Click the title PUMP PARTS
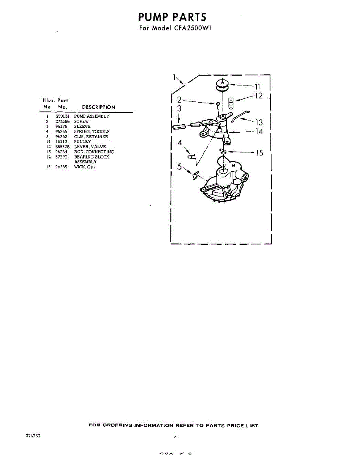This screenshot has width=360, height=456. pos(172,17)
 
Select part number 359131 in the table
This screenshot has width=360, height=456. pos(62,116)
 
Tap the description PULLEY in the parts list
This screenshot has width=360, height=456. pos(82,141)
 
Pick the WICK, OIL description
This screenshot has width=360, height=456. pos(84,167)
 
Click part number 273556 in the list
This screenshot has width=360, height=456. pos(62,121)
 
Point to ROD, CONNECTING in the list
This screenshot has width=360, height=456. pos(94,152)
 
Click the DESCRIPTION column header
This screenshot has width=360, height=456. pos(98,107)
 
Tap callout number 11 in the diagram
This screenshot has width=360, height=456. pos(257,86)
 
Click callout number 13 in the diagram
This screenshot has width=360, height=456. pos(259,122)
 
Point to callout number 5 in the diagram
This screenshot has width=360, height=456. pos(180,166)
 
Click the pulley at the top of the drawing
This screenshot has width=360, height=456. pos(222,85)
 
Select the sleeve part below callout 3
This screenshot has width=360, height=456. pos(179,126)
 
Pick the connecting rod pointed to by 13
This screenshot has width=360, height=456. pos(240,115)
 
